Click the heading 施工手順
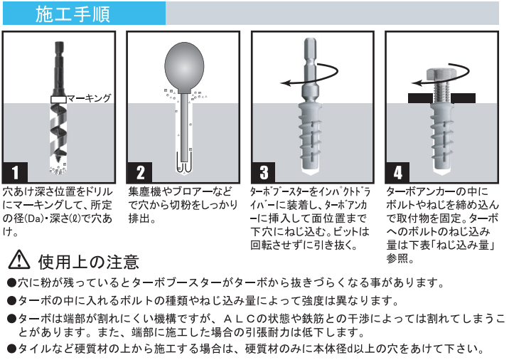(73, 14)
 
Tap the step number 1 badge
(15, 172)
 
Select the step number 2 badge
(140, 172)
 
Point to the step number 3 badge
(264, 172)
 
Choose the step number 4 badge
(397, 172)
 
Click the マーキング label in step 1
(89, 98)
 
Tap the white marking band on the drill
(58, 99)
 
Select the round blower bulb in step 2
(184, 67)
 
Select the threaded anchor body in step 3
(310, 137)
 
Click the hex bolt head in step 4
(441, 75)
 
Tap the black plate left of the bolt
(419, 98)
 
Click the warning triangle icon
(19, 260)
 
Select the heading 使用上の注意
(88, 262)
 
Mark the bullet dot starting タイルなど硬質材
(11, 349)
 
